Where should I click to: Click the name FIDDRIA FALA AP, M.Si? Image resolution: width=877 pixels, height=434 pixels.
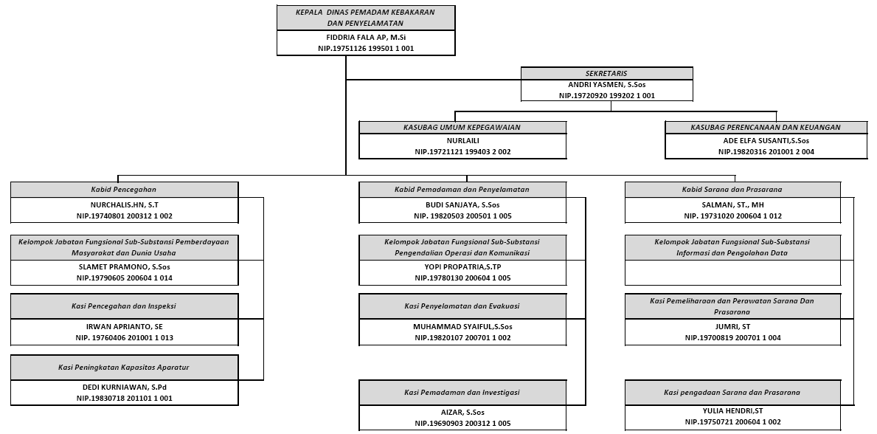pyautogui.click(x=366, y=38)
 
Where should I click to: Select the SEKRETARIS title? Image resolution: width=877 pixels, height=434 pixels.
pyautogui.click(x=606, y=73)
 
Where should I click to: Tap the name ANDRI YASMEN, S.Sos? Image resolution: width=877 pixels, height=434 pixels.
pyautogui.click(x=607, y=85)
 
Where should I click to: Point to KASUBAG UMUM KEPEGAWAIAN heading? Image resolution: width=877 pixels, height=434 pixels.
pyautogui.click(x=462, y=128)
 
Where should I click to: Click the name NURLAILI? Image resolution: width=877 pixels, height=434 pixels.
pyautogui.click(x=462, y=140)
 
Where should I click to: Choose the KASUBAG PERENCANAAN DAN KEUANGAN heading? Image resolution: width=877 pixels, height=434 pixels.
pyautogui.click(x=766, y=128)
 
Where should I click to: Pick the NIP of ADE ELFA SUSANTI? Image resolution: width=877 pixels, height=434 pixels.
pyautogui.click(x=766, y=152)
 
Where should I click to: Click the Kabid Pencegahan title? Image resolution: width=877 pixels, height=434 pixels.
pyautogui.click(x=124, y=190)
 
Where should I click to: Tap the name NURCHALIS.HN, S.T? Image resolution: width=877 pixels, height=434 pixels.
pyautogui.click(x=124, y=205)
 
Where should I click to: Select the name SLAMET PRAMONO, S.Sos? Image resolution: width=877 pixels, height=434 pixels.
pyautogui.click(x=124, y=267)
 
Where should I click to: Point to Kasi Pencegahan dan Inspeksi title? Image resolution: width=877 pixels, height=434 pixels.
pyautogui.click(x=124, y=306)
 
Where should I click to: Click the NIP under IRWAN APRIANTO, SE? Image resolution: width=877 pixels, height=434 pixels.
pyautogui.click(x=124, y=338)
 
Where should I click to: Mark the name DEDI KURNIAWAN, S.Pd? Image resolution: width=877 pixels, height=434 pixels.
pyautogui.click(x=124, y=387)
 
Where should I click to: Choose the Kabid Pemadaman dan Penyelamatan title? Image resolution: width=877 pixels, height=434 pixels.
pyautogui.click(x=462, y=190)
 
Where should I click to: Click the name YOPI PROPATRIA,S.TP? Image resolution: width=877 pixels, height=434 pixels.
pyautogui.click(x=462, y=267)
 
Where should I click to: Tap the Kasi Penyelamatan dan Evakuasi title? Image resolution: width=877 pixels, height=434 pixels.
pyautogui.click(x=462, y=306)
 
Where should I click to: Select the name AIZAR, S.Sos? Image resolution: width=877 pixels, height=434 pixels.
pyautogui.click(x=462, y=412)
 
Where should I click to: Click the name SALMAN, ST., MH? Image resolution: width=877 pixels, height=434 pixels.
pyautogui.click(x=732, y=205)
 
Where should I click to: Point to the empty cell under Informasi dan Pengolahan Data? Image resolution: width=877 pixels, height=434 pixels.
pyautogui.click(x=732, y=272)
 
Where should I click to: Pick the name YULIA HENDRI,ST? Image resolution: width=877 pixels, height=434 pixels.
pyautogui.click(x=732, y=410)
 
